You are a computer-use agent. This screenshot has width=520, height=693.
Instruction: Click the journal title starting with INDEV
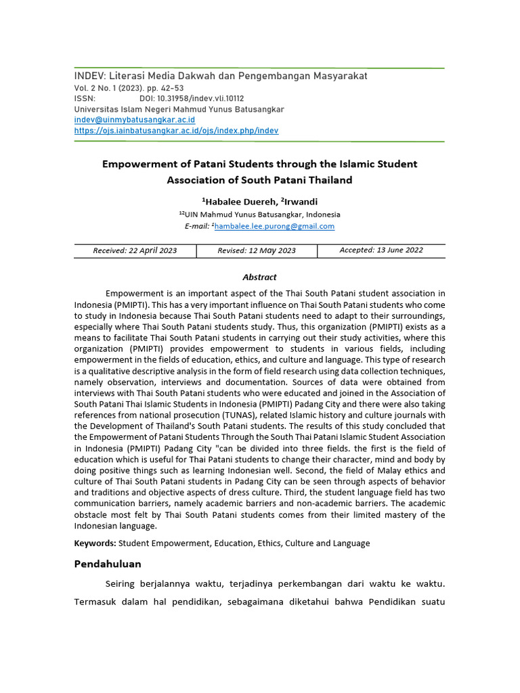tap(221, 76)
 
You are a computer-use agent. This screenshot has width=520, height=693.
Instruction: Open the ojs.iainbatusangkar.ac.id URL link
tap(176, 131)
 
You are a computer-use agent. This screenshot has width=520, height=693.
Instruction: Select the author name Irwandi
tap(299, 202)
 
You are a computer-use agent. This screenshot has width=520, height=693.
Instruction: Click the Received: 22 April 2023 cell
tap(135, 250)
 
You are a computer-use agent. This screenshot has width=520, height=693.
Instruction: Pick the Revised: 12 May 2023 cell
tap(257, 250)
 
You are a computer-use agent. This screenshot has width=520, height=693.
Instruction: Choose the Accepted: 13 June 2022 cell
tap(381, 250)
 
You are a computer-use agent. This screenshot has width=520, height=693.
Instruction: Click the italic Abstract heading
tap(259, 277)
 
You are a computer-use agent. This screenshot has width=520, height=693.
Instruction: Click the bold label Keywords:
tap(95, 543)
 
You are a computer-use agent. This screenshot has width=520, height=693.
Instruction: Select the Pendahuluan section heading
tap(108, 564)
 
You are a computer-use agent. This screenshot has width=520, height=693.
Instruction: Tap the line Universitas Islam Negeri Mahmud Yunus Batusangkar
tap(179, 109)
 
